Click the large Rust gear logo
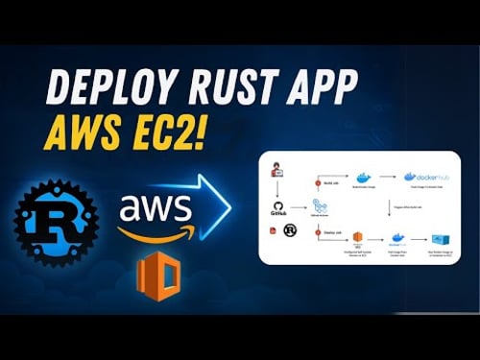[x=56, y=222]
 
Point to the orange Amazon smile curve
[x=156, y=230]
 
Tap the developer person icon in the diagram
[x=277, y=171]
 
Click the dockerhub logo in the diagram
[x=422, y=177]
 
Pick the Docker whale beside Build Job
[x=363, y=177]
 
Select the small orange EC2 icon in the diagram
[x=356, y=237]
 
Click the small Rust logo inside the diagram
[x=288, y=231]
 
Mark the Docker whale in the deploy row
[x=396, y=238]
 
